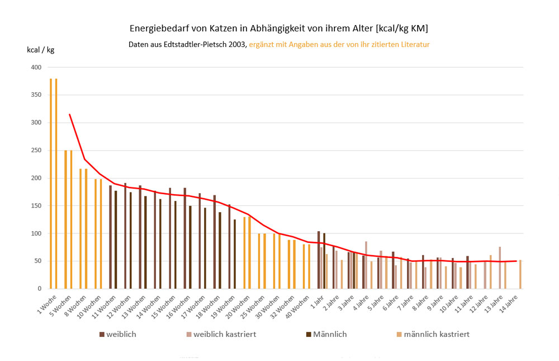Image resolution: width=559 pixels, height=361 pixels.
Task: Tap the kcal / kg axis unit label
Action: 40,50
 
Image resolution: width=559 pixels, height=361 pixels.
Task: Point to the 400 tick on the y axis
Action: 36,67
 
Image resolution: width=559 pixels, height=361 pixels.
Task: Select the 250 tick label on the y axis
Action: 36,151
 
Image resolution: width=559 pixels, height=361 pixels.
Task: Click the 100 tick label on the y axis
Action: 36,233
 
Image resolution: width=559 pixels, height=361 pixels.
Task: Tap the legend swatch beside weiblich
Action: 102,335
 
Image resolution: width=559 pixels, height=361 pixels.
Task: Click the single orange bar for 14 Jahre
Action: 520,274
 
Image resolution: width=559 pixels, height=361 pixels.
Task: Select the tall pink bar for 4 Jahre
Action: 366,265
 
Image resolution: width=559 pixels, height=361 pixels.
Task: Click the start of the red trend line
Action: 69,114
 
